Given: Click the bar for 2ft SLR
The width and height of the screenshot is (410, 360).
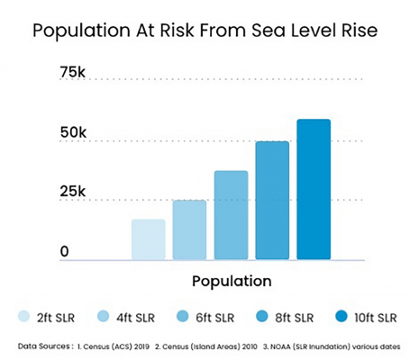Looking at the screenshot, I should (x=148, y=239).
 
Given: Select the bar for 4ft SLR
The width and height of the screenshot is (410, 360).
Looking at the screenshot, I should (x=189, y=229).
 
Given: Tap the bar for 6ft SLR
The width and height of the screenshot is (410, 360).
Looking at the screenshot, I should (x=231, y=215).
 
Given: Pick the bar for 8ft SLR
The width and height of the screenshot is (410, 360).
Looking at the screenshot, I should (x=272, y=200).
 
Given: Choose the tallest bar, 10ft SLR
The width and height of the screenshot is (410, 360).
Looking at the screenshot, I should (x=314, y=189).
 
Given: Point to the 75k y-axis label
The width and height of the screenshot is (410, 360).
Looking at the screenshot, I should (x=73, y=73).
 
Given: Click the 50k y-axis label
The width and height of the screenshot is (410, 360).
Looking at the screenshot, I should (x=73, y=132).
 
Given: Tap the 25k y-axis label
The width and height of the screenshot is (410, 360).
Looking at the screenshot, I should (x=73, y=192).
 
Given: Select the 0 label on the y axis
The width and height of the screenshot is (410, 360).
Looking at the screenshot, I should (x=65, y=251).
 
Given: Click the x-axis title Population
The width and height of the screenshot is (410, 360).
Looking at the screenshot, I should (x=232, y=280).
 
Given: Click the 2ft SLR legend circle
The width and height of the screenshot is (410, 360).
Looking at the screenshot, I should (x=24, y=317).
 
